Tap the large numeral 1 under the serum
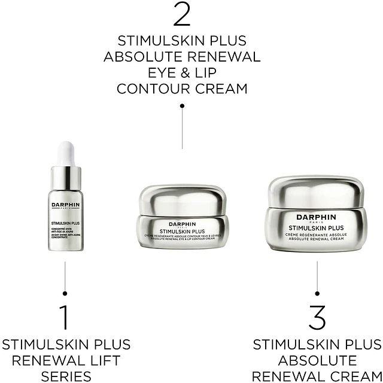click(65, 318)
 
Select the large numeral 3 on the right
click(317, 318)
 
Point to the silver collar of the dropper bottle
click(65, 177)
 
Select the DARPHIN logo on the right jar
click(317, 217)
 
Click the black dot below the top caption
click(182, 105)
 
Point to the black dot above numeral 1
click(65, 293)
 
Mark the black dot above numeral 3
click(317, 293)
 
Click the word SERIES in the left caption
click(66, 376)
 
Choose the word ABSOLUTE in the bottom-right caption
click(317, 361)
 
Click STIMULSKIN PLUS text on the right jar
click(317, 228)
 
